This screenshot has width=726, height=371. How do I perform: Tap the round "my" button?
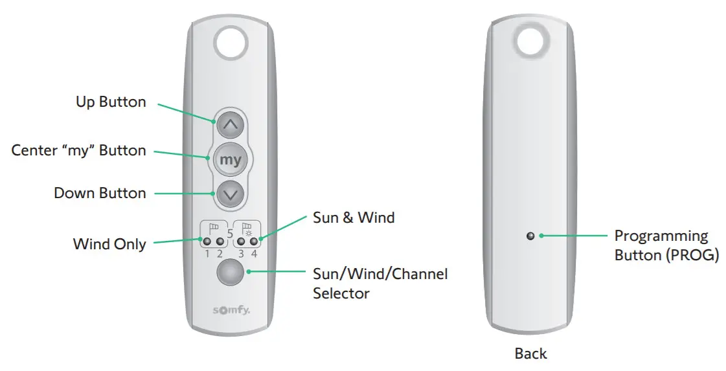tap(231, 159)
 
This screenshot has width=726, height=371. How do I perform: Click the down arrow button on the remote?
tap(231, 192)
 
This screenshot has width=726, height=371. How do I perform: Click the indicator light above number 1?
tap(207, 242)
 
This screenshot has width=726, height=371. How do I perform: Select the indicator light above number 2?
tap(220, 242)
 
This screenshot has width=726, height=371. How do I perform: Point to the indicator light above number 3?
tap(241, 242)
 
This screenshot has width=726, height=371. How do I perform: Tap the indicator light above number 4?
tap(254, 242)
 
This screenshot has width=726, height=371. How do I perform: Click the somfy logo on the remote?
tap(231, 311)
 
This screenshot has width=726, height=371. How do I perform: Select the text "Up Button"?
tap(111, 102)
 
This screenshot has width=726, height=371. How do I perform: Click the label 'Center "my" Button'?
tap(78, 150)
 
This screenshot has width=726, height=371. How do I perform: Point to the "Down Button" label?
tap(100, 193)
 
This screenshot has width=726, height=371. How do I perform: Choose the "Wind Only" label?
tap(109, 244)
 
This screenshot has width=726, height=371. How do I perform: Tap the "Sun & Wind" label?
tap(354, 218)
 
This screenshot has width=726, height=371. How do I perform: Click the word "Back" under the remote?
tap(530, 354)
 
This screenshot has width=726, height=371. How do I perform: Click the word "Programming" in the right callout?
tap(661, 236)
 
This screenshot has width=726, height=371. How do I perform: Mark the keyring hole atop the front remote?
tap(231, 41)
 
